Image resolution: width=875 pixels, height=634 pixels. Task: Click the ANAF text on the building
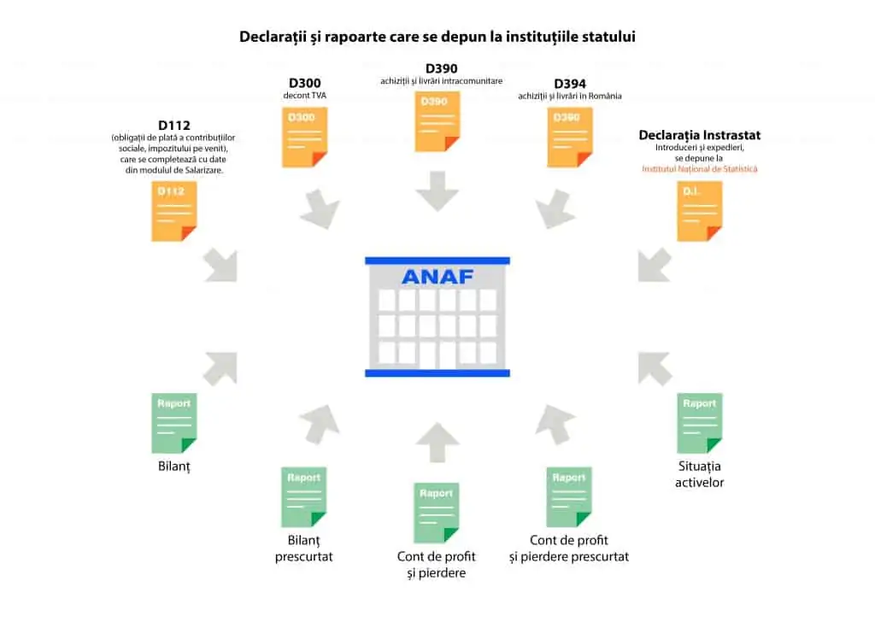pos(437,277)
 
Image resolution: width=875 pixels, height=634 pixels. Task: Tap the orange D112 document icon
pos(173,211)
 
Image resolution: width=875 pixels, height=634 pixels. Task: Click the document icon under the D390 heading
pos(437,121)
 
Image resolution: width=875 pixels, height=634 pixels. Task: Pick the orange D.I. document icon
pos(699,211)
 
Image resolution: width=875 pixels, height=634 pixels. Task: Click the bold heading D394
pos(570,84)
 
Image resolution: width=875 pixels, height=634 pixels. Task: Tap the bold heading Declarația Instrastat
pos(699,135)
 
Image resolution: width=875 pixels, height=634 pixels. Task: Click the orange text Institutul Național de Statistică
pos(699,169)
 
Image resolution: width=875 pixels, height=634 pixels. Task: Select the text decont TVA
pos(304,96)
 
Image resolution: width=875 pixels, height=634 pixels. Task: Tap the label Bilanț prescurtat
pos(303,549)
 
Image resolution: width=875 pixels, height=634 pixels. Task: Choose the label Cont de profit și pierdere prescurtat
pos(568,549)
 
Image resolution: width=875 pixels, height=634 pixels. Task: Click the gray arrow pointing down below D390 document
pos(437,191)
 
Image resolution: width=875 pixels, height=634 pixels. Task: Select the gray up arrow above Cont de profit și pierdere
pos(437,443)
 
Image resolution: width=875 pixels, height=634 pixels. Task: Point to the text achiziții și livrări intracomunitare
pos(441,81)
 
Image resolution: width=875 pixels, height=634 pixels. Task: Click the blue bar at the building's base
pos(437,373)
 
